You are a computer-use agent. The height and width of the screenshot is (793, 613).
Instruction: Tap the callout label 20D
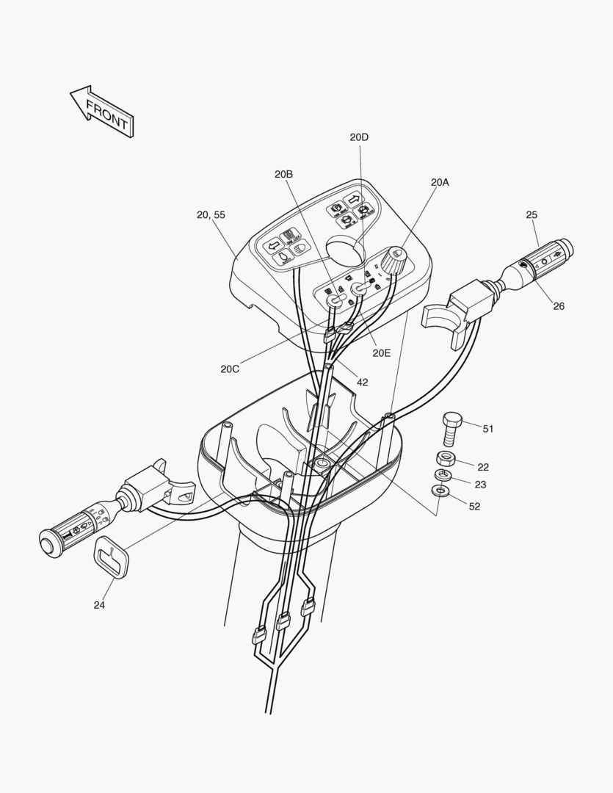[x=359, y=137]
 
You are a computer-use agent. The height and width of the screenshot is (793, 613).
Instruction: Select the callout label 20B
[x=284, y=174]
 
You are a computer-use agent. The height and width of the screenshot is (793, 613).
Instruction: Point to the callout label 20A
[x=440, y=181]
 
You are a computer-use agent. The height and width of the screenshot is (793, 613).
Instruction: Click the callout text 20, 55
[x=211, y=214]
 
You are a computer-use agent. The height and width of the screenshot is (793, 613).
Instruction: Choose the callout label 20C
[x=230, y=369]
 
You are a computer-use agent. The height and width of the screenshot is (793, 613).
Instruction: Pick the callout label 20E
[x=382, y=352]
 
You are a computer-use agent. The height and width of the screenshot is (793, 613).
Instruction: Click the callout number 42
[x=363, y=382]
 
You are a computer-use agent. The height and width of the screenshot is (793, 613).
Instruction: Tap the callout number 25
[x=532, y=214]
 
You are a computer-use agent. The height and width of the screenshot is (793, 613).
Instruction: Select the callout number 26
[x=559, y=306]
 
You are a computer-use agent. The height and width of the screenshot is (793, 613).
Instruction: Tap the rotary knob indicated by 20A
[x=394, y=258]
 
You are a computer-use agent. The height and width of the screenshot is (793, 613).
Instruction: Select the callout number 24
[x=99, y=605]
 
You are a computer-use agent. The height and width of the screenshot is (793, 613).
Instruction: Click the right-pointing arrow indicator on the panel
[x=353, y=198]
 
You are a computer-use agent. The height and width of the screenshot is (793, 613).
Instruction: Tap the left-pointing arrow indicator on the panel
[x=272, y=245]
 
